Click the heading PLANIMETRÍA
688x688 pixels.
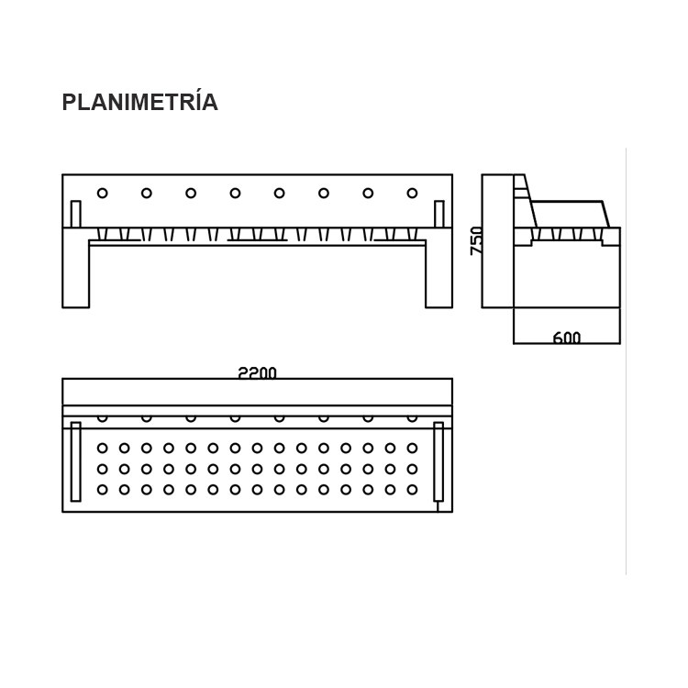[x=139, y=101]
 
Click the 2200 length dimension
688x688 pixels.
[x=257, y=373]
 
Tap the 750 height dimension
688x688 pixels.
[x=476, y=240]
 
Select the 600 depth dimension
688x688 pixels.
[x=567, y=337]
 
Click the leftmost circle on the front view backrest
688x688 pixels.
[x=102, y=193]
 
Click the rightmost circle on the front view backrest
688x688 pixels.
[x=412, y=193]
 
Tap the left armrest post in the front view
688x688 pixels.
[x=75, y=214]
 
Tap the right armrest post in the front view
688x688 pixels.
[x=438, y=214]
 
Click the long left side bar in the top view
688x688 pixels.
[x=75, y=461]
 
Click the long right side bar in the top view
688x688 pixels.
[x=438, y=461]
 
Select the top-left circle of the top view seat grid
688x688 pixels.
[x=102, y=448]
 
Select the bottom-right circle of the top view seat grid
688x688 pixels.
[x=412, y=489]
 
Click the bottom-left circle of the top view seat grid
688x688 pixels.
[x=102, y=489]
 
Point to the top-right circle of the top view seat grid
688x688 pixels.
[x=412, y=448]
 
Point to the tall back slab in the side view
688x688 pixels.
[x=497, y=241]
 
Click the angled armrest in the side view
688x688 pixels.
[x=570, y=214]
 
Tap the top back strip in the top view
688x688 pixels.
[x=257, y=392]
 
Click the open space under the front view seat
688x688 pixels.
[x=257, y=276]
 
